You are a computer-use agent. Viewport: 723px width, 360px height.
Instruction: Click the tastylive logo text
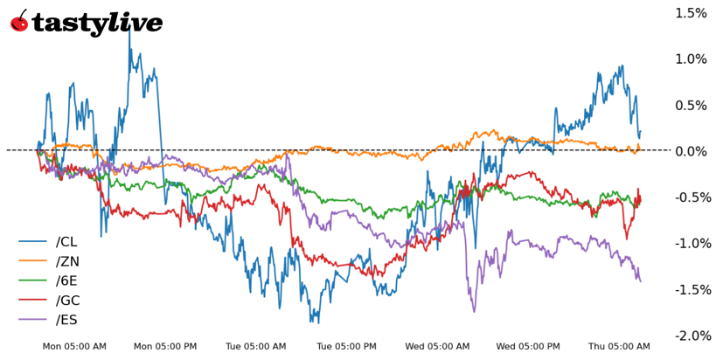click(97, 23)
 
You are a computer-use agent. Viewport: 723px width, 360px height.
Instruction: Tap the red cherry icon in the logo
click(19, 22)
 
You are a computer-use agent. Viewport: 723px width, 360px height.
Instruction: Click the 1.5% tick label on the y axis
click(691, 13)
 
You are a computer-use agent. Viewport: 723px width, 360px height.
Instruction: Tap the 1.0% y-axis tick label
click(691, 59)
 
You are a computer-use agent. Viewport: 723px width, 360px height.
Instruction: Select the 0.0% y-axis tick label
click(691, 151)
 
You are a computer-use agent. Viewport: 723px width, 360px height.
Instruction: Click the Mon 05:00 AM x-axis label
click(74, 347)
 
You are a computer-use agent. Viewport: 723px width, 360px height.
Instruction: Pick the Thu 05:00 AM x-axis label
click(619, 347)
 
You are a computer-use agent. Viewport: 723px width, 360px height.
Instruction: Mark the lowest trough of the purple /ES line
click(474, 311)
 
